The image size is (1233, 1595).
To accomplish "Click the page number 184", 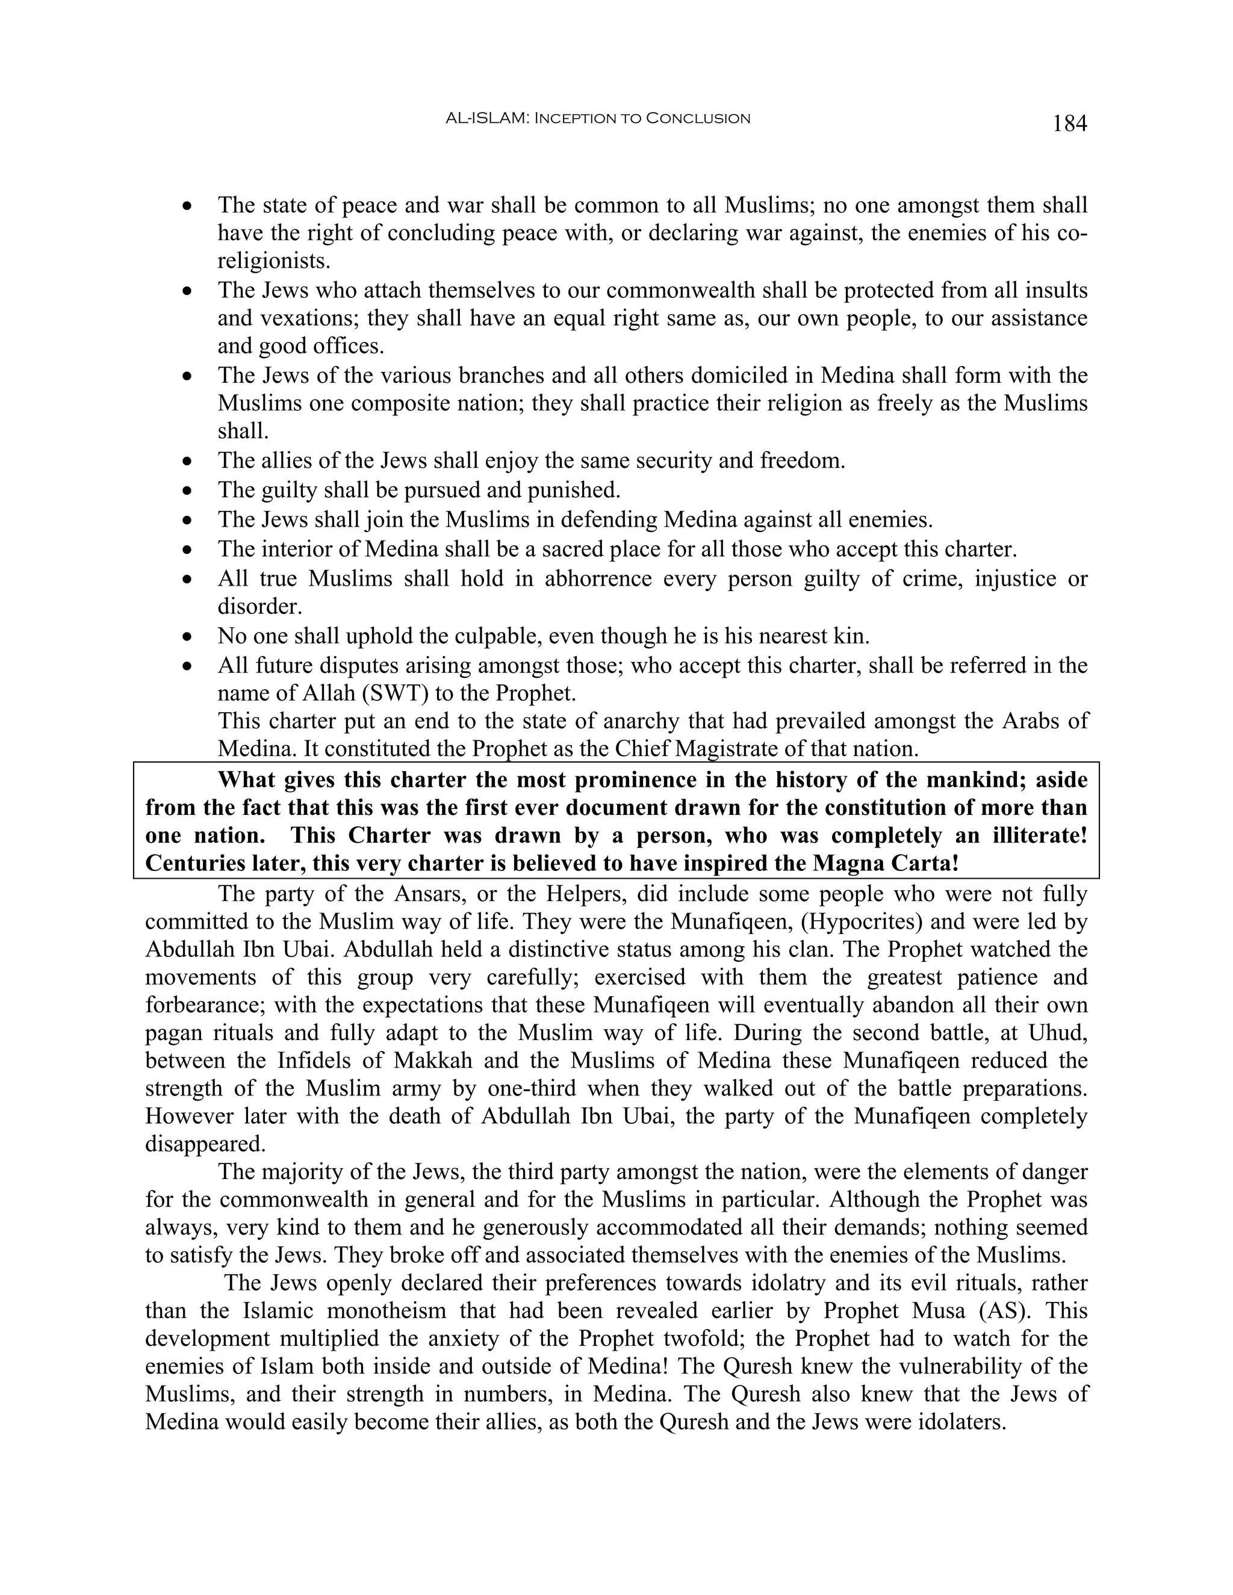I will click(x=1069, y=123).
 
